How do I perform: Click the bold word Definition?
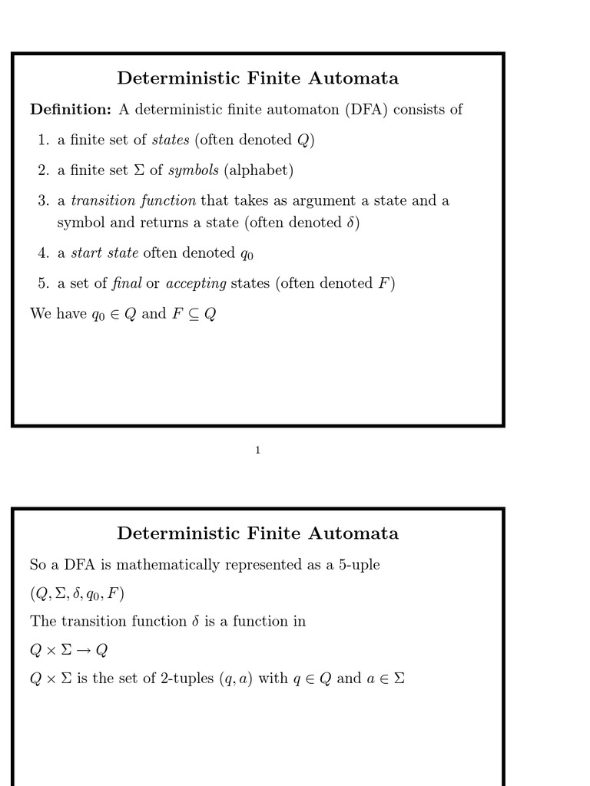(71, 110)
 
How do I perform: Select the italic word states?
(171, 140)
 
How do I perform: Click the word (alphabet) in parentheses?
(259, 170)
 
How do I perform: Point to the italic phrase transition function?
(133, 201)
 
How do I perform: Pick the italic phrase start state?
(104, 253)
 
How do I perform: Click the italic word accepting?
(196, 284)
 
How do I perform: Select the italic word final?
(127, 284)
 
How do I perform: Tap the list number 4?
(43, 253)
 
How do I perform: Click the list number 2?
(43, 170)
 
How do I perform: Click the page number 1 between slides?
(257, 451)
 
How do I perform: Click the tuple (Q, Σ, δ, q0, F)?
(77, 594)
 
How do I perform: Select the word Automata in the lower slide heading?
(353, 533)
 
